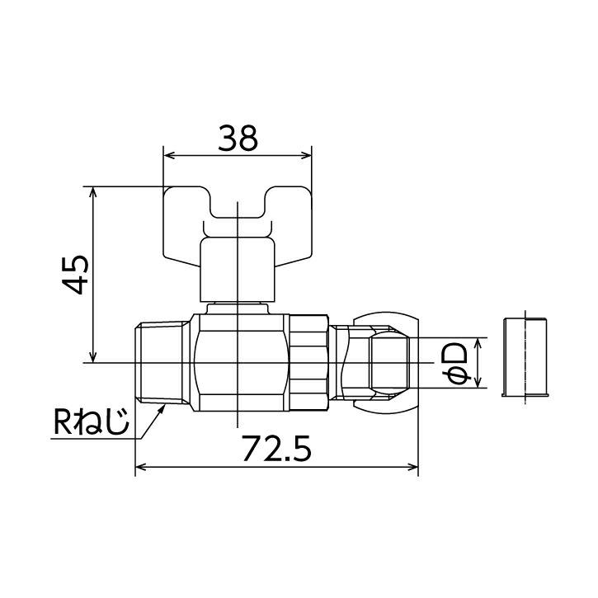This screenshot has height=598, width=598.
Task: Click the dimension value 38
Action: point(237,138)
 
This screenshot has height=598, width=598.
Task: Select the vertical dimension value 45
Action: point(76,275)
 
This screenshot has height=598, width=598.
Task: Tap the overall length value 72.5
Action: point(275,449)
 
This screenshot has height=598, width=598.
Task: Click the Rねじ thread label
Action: point(91,423)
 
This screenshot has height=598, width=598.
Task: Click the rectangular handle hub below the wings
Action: point(237,269)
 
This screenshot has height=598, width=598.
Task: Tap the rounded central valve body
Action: point(239,363)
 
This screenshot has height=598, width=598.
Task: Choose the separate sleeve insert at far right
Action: point(525,356)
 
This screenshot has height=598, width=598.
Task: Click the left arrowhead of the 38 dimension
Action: point(168,154)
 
